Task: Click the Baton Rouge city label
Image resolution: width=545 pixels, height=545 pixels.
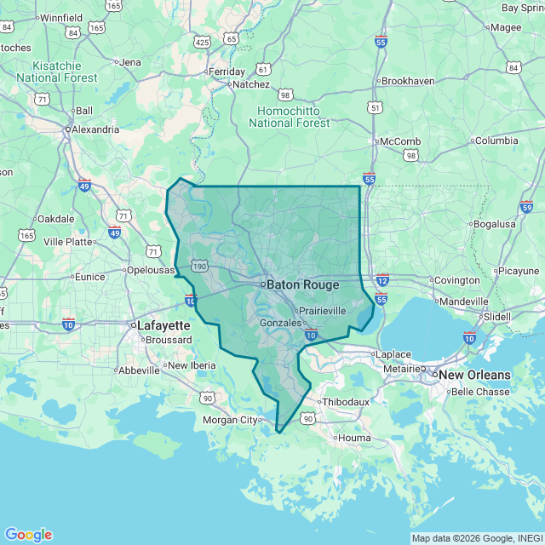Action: pos(303,285)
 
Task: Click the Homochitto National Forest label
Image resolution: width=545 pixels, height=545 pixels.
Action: pos(289,117)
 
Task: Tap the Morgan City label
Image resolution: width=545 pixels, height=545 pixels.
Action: pos(230,420)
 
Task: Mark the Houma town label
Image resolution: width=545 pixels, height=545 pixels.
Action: pos(354,438)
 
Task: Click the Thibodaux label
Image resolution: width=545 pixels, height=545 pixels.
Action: pos(343,402)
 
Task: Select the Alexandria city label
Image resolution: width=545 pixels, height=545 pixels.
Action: pos(95,129)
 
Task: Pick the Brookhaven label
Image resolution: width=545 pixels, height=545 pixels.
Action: pos(408,81)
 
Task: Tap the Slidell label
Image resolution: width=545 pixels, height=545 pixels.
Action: pos(496,316)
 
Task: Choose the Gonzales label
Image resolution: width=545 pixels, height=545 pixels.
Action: pos(281,323)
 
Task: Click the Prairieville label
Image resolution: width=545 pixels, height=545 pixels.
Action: pos(320,310)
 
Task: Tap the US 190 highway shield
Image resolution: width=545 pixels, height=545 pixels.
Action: pos(199,267)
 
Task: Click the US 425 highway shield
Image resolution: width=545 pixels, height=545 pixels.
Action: pos(202,41)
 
